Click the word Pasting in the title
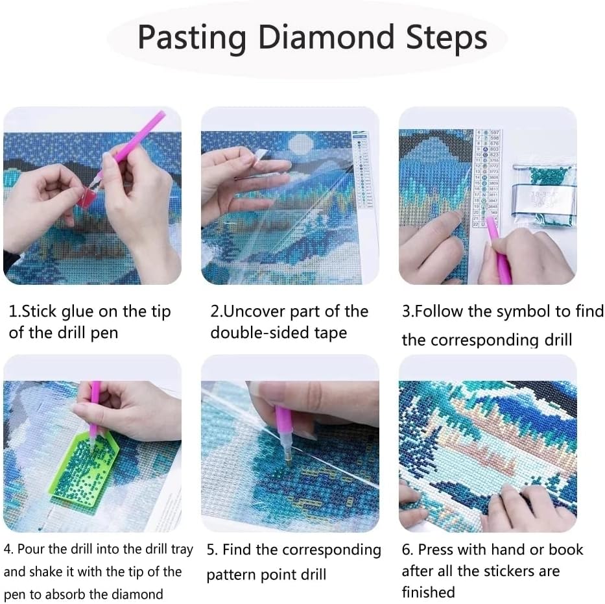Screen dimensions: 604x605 (x=192, y=38)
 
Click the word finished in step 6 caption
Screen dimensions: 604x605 (x=428, y=592)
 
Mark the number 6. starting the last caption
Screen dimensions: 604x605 (x=407, y=550)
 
